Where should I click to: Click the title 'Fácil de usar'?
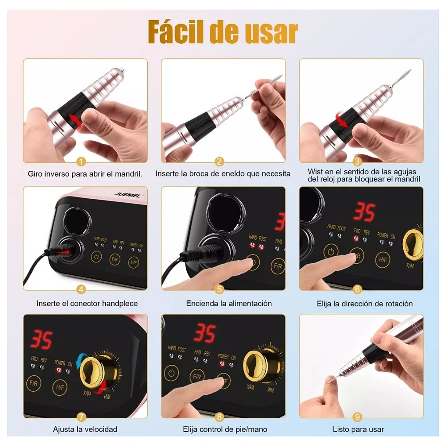click(223, 32)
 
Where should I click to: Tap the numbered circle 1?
click(81, 162)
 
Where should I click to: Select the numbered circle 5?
click(219, 289)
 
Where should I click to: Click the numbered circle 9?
click(357, 417)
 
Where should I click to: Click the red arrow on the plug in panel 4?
click(65, 252)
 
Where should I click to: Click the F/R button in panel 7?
click(33, 383)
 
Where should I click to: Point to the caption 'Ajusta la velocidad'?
click(85, 429)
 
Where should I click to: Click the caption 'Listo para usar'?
click(358, 429)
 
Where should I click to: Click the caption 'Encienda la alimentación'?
click(229, 304)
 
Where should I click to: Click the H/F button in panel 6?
click(382, 259)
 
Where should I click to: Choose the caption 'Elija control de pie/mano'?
click(225, 429)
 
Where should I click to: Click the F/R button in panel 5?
click(277, 266)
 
